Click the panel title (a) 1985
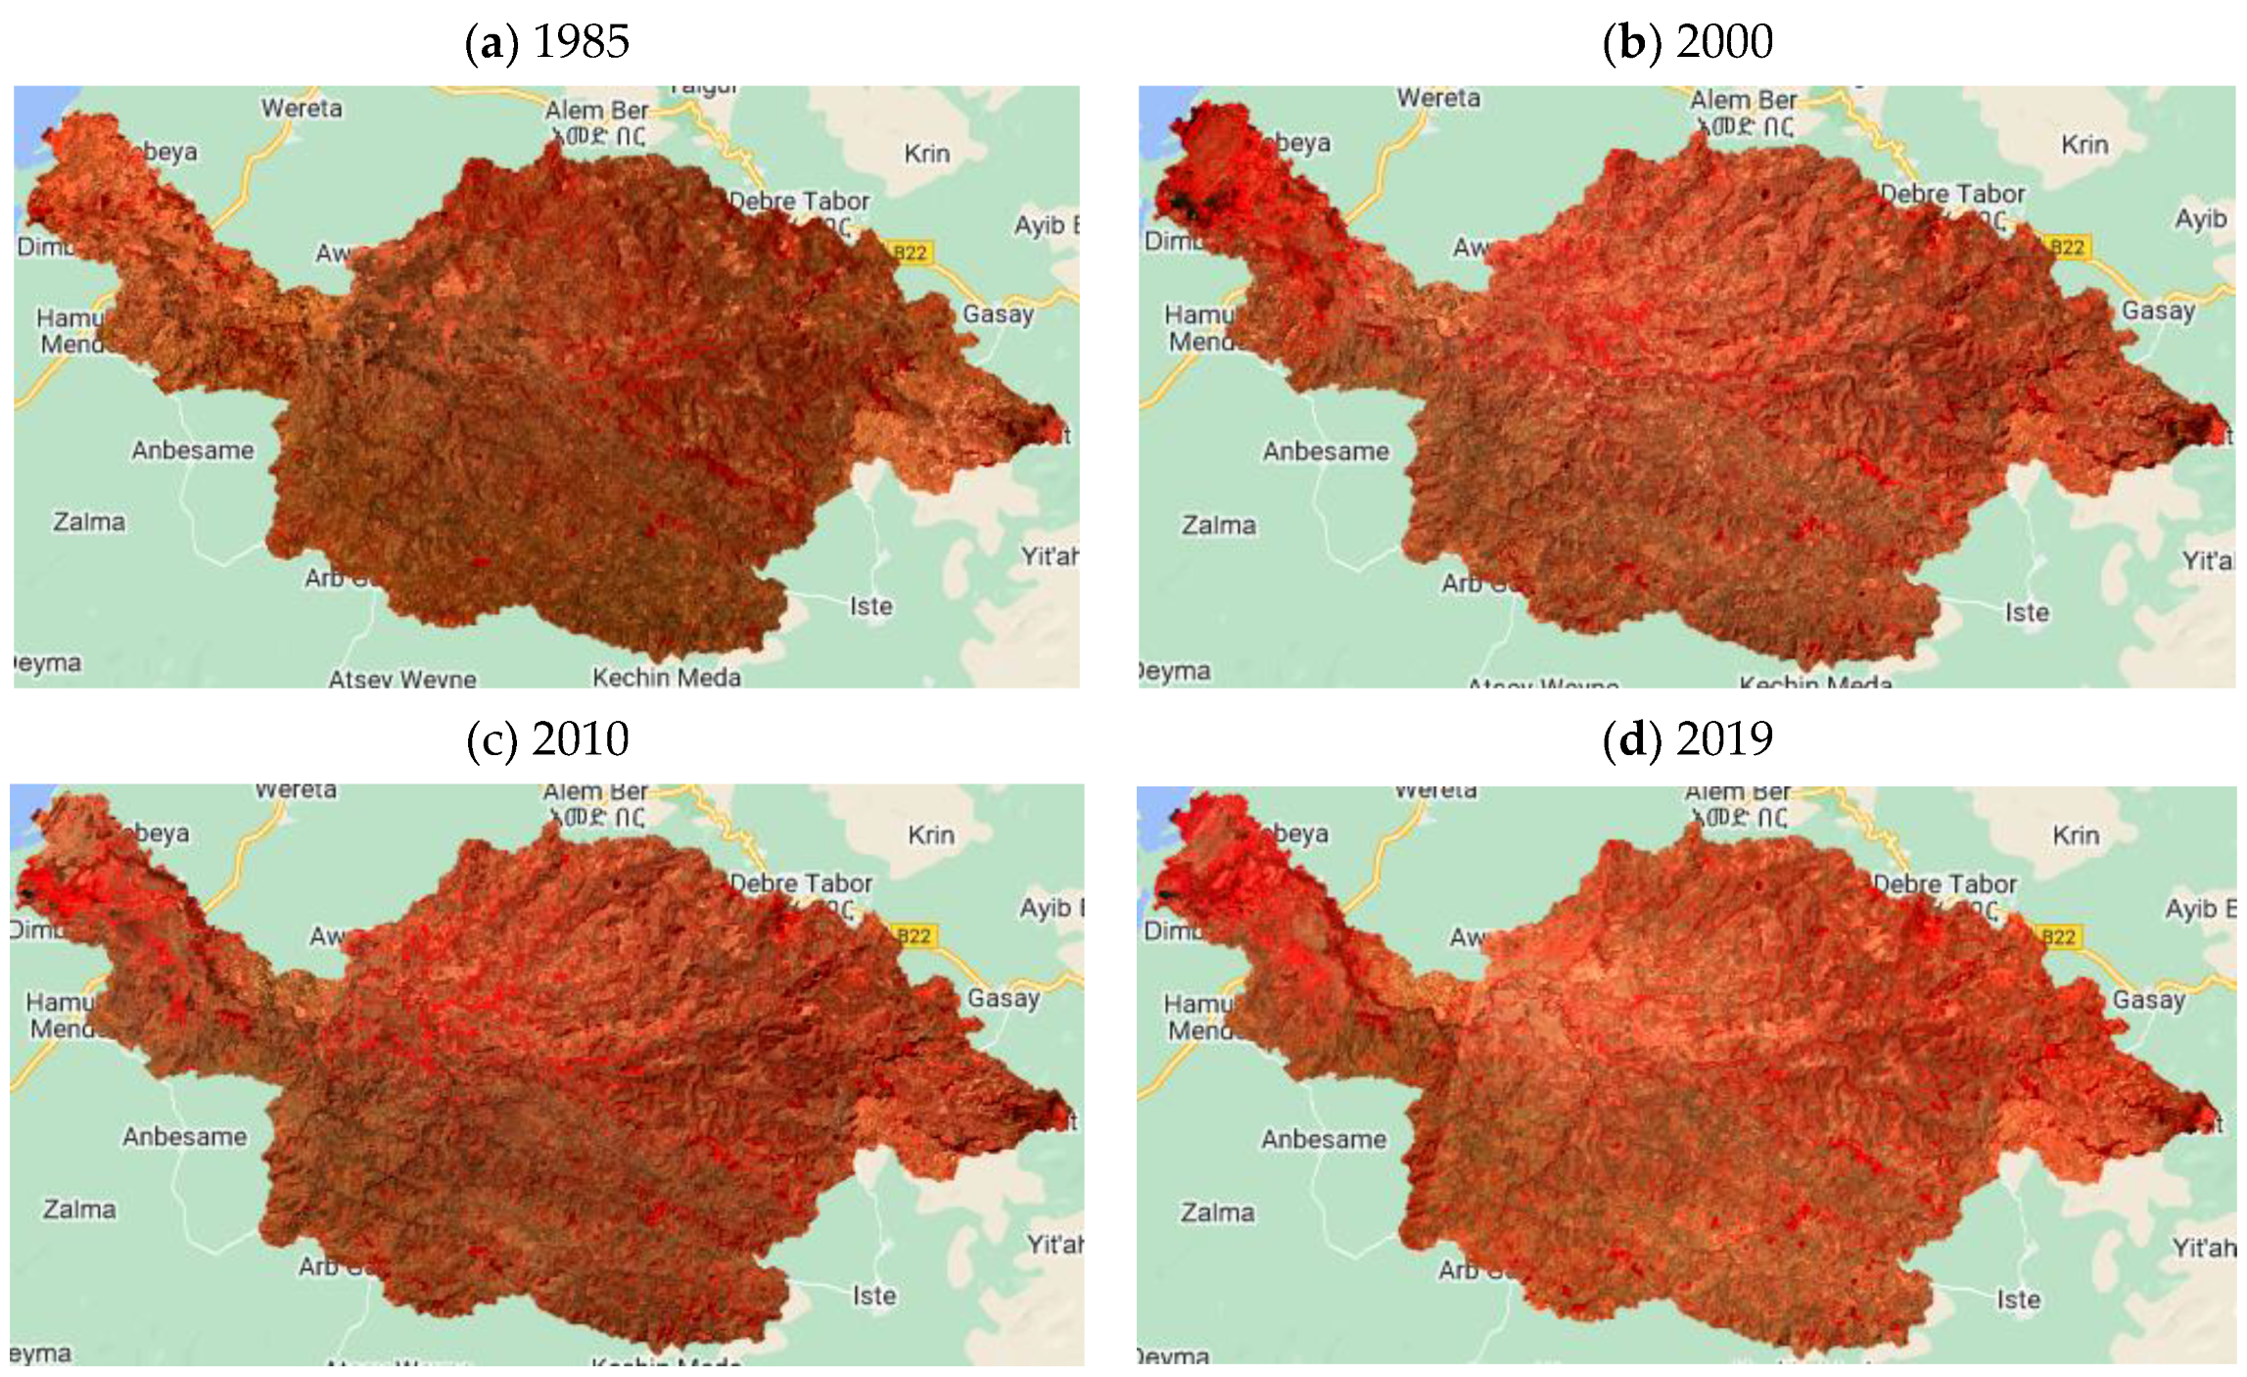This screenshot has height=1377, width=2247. pos(546,42)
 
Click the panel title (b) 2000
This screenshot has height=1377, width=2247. pos(1688,42)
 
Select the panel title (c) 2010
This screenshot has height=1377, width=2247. pos(547,739)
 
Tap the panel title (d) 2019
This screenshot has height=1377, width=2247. pos(1688,739)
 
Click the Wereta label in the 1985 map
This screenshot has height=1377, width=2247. pos(302,108)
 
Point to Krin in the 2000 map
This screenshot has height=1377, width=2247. pos(2084,145)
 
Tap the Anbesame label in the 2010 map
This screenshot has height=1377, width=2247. pos(185,1137)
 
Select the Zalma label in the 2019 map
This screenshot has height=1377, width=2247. pos(1217,1212)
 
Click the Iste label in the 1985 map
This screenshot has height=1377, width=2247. pos(870,607)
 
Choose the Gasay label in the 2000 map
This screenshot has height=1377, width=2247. pos(2158,310)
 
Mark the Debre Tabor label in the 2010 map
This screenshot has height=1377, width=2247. pos(801,882)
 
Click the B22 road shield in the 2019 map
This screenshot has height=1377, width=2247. pos(2057,937)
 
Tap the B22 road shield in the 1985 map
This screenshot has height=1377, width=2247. pos(910,253)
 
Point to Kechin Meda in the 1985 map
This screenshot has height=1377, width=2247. pos(667,677)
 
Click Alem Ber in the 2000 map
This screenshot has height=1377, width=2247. pos(1743,101)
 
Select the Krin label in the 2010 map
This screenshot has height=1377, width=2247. pos(930,835)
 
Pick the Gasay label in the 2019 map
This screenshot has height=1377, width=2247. pos(2149,1000)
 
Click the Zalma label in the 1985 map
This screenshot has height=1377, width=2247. pos(89,522)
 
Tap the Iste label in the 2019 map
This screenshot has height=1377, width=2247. pos(2019,1300)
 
